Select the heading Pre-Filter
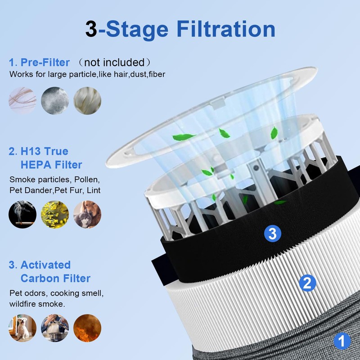(x=44, y=62)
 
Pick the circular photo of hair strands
(x=22, y=100)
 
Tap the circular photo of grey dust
(x=55, y=100)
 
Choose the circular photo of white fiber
(x=87, y=100)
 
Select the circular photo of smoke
(x=22, y=214)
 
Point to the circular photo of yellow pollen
(x=55, y=214)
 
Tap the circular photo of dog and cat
(x=87, y=214)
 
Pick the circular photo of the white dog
(x=22, y=328)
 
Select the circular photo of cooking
(x=55, y=328)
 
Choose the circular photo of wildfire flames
(x=87, y=328)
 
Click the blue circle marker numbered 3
(x=272, y=233)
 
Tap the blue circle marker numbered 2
(x=307, y=283)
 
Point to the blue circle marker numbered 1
(x=342, y=341)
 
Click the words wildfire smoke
(x=37, y=304)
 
